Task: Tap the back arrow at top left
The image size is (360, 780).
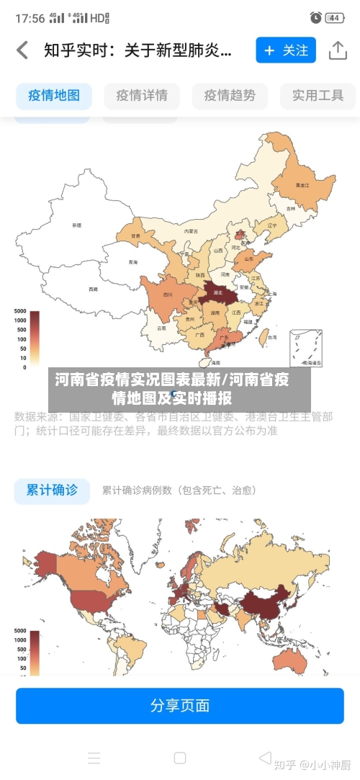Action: pos(22,50)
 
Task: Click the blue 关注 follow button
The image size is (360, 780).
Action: pos(286,50)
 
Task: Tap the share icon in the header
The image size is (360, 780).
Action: pos(338,50)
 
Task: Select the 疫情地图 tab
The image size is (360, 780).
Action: pos(54,95)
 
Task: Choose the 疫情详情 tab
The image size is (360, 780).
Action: pos(142,95)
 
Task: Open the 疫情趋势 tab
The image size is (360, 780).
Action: pos(230,95)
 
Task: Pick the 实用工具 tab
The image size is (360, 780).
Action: pos(318,95)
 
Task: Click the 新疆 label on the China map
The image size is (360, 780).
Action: pos(76,225)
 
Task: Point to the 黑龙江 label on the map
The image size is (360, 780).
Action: pos(302,185)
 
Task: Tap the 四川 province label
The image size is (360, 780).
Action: pos(168,295)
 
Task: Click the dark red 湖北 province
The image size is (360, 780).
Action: pos(216,292)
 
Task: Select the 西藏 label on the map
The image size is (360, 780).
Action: pos(93,289)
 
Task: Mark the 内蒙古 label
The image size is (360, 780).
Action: pos(191,231)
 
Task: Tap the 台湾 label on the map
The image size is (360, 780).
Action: pos(271,336)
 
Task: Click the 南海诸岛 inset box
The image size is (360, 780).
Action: pos(306,349)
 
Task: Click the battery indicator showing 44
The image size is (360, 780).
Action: pos(334,17)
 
